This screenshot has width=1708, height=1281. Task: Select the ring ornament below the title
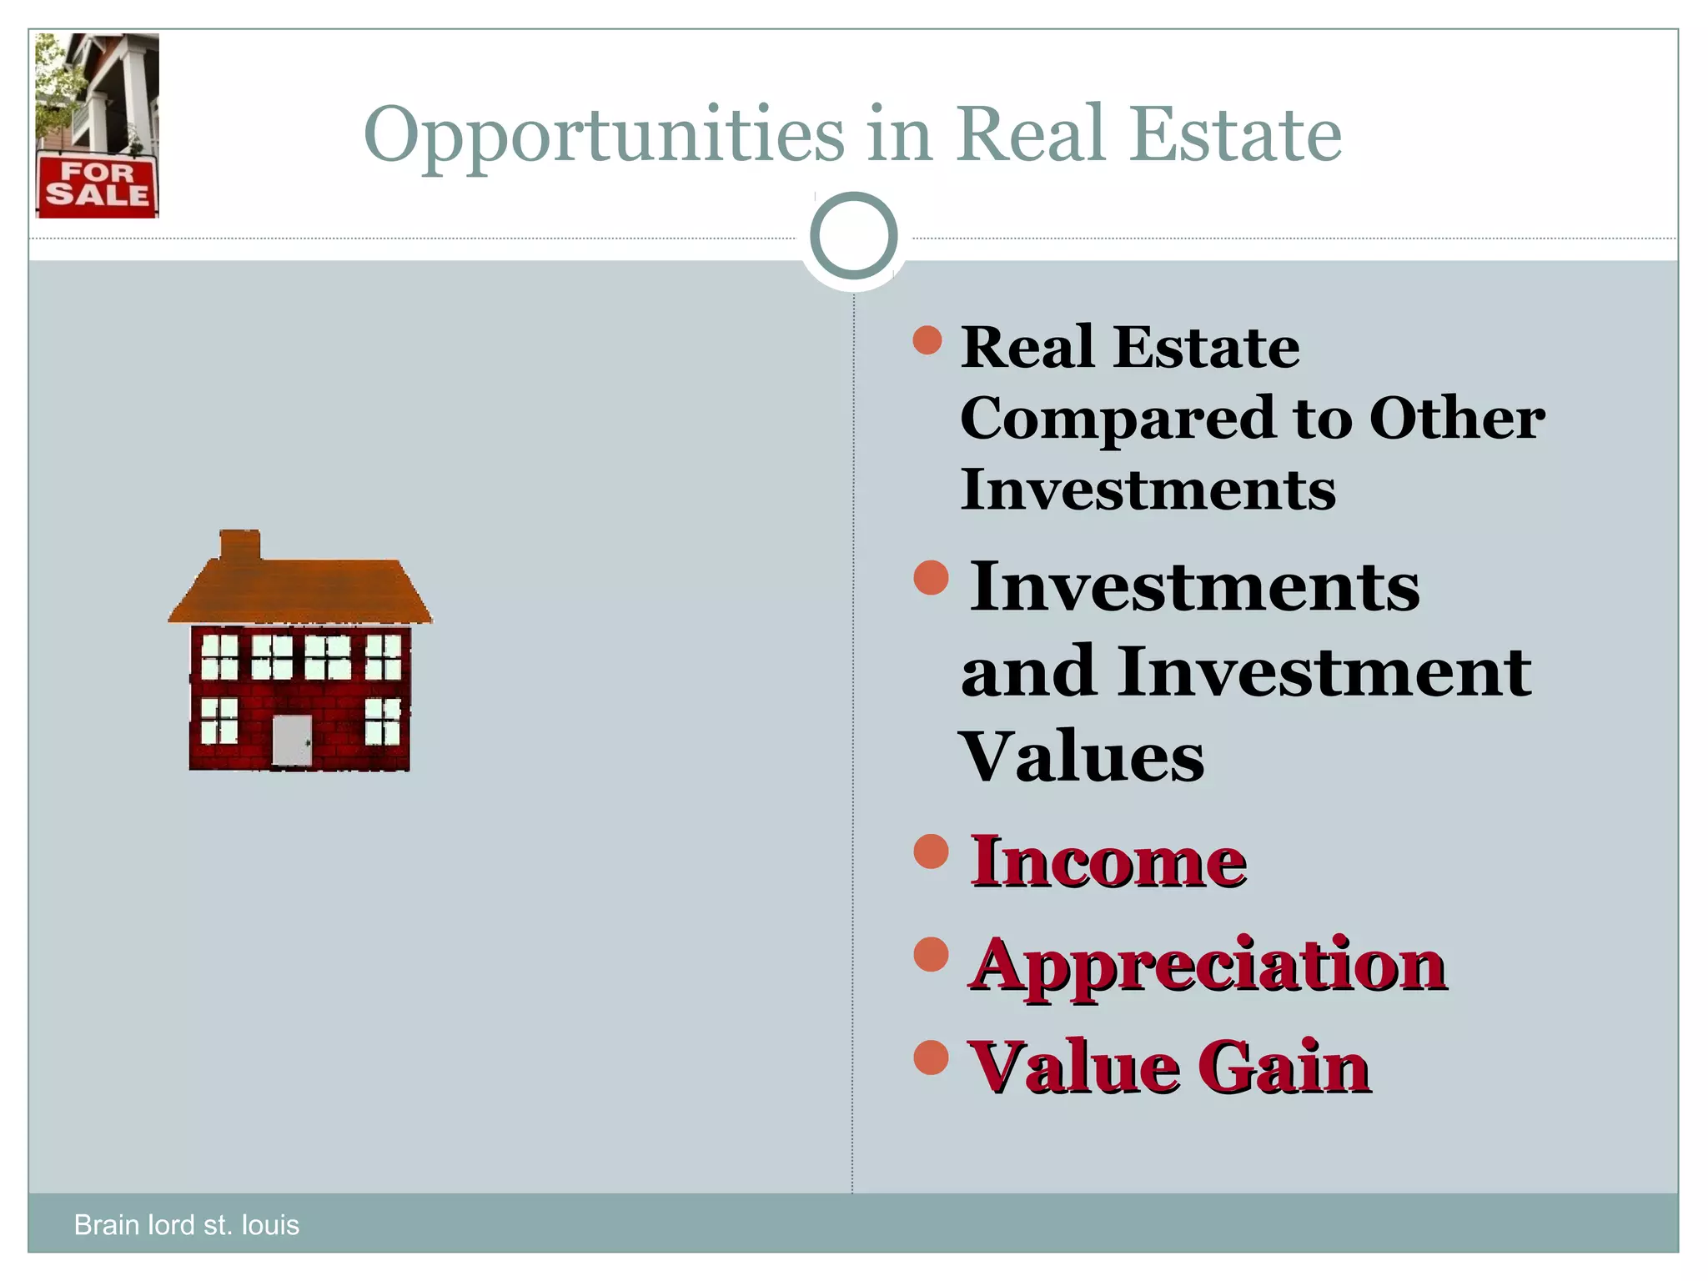(x=853, y=236)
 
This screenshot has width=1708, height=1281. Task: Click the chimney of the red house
(x=240, y=545)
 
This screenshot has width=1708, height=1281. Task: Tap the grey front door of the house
(x=292, y=740)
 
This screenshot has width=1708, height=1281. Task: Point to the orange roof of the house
(x=300, y=590)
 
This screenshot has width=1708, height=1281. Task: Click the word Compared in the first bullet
(x=1117, y=419)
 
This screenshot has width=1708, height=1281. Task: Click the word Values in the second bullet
(x=1083, y=757)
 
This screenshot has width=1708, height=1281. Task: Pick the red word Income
(x=1108, y=862)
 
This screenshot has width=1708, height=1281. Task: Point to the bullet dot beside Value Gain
(x=931, y=1057)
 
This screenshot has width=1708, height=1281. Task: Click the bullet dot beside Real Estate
(x=927, y=340)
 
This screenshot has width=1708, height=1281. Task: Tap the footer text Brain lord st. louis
(x=186, y=1224)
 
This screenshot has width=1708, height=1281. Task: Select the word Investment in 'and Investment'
(x=1324, y=671)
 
